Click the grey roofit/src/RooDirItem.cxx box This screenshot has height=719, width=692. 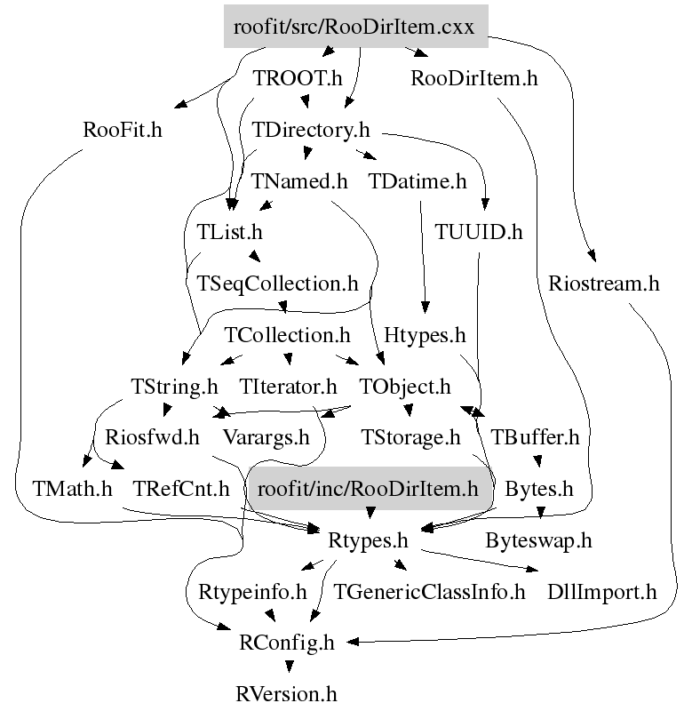point(355,27)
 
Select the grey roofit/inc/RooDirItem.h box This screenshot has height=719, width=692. point(367,488)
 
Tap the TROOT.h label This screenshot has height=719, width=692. point(298,78)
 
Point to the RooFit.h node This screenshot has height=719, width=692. point(123,131)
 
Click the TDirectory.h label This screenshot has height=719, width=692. point(310,131)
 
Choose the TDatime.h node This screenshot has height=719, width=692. point(418,182)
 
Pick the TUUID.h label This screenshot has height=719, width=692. point(479,233)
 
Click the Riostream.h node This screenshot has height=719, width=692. point(604,284)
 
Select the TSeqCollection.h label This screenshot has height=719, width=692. point(277,284)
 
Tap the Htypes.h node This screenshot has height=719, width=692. point(425,336)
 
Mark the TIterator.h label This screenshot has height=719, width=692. point(289,387)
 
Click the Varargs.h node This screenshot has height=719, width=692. point(266,437)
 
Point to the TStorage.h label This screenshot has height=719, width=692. point(411,437)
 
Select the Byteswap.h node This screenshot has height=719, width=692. point(538,539)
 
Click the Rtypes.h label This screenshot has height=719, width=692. point(368,539)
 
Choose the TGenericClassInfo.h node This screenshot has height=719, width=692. point(429,591)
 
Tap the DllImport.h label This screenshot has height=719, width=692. point(601,591)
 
